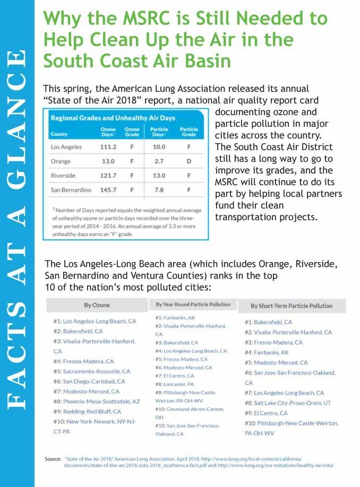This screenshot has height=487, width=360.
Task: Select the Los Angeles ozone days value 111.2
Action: coord(108,146)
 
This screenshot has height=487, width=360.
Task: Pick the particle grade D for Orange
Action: coord(188,161)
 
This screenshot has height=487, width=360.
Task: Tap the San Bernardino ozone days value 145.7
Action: coord(108,189)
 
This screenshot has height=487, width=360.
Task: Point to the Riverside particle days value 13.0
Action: coord(159,176)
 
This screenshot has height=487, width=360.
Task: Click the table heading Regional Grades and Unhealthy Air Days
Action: coord(113,118)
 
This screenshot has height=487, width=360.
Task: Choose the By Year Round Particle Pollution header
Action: coord(193,305)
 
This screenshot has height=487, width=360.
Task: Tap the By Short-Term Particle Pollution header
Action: coord(292,306)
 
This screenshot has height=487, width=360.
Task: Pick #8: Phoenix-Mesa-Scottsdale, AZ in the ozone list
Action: coord(96,401)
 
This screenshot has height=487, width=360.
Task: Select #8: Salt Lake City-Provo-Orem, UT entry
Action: coord(287,403)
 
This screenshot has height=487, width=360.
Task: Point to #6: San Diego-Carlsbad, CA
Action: coord(89,381)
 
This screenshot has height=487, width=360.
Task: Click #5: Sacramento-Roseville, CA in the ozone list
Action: coord(91,371)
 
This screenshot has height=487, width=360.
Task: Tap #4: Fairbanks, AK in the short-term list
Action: coord(267,352)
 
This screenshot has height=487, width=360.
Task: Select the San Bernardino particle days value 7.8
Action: coord(159,189)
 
